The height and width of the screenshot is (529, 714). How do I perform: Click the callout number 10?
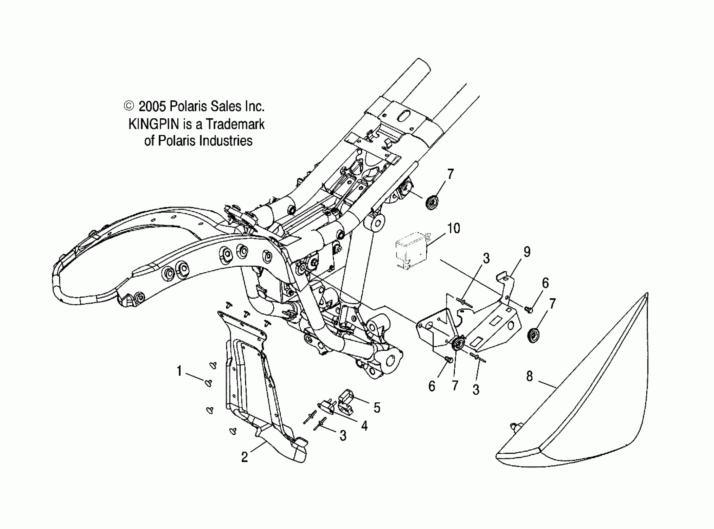coord(453,229)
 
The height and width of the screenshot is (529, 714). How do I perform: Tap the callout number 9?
coord(527,252)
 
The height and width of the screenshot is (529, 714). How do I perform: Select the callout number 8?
coord(530,376)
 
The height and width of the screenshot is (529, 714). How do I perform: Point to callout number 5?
coord(377,408)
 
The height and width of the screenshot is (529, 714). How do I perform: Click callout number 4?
coord(364,426)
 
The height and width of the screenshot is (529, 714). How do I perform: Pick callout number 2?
coord(244,457)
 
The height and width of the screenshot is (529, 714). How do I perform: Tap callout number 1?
coord(179,371)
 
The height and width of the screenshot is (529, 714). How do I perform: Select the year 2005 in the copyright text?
coord(152,106)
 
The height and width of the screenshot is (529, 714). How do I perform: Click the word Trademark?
coord(235,124)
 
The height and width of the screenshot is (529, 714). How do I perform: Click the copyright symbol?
coord(129,106)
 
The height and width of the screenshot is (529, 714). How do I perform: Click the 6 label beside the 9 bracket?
coord(545,283)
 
